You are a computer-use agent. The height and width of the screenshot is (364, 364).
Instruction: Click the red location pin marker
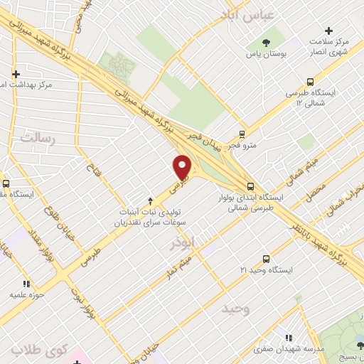pos(183,167)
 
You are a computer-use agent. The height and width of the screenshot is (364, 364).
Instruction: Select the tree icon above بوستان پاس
pos(266,42)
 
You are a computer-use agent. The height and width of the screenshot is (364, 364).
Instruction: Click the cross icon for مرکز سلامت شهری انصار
pos(328,31)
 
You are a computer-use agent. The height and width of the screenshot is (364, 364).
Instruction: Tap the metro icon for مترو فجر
pos(242,133)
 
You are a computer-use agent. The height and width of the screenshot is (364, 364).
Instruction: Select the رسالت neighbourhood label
pos(37,139)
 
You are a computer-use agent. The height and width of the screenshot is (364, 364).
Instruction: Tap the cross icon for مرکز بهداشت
pos(16,73)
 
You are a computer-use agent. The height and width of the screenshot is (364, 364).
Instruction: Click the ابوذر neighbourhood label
pos(182,244)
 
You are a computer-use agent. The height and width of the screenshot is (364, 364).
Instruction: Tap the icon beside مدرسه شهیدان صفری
pos(288,338)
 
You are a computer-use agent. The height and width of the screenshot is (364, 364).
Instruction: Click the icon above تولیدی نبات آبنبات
pos(150,200)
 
